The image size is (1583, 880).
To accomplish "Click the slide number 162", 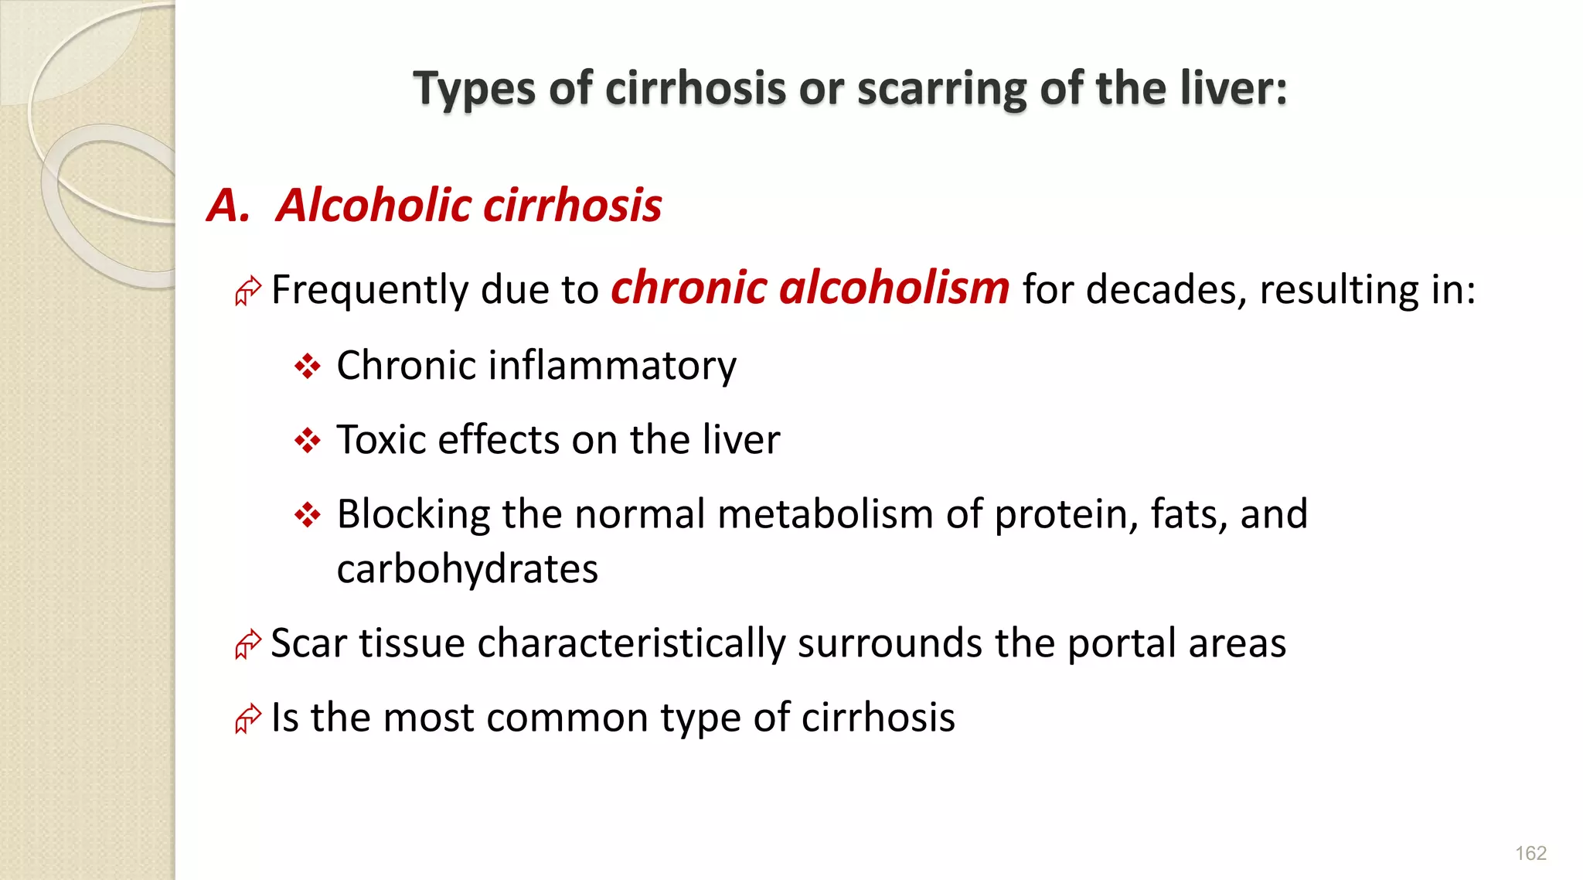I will [1530, 853].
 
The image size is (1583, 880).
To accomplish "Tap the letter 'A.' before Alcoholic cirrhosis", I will [229, 206].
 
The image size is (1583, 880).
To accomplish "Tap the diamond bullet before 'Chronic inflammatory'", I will [308, 366].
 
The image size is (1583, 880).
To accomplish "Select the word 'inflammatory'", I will [612, 366].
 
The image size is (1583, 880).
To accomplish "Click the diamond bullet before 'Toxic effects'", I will [308, 441].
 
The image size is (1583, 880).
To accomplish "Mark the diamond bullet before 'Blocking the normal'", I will [308, 514].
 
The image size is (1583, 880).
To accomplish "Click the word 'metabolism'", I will [825, 514].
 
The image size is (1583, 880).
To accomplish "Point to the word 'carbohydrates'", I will [468, 569].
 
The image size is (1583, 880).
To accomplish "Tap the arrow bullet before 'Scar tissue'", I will [248, 644].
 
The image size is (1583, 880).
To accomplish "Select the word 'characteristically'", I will [631, 643].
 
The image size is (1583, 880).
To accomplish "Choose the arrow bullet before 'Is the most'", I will [248, 718].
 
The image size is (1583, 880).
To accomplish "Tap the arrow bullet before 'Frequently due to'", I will [248, 291].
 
